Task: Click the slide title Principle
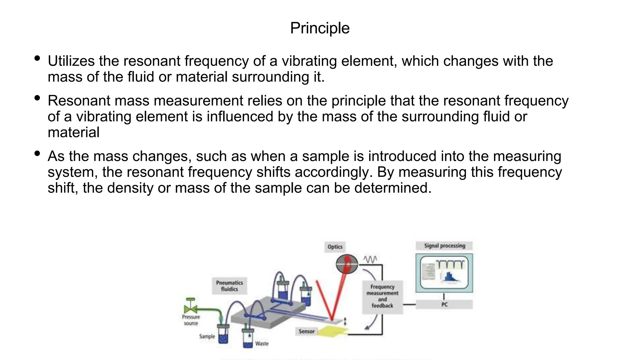click(x=320, y=28)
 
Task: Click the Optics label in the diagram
click(x=335, y=247)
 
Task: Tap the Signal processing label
click(x=444, y=246)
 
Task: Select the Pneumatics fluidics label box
click(x=229, y=286)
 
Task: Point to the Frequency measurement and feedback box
click(x=382, y=296)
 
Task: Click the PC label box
click(x=444, y=304)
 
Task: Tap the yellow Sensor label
click(x=306, y=331)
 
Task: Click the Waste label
click(x=262, y=343)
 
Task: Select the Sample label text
click(x=207, y=337)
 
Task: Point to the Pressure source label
click(x=191, y=320)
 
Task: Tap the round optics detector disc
click(x=347, y=264)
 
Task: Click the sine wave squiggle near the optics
click(x=370, y=259)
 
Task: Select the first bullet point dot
click(x=37, y=58)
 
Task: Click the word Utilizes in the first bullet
click(x=71, y=61)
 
